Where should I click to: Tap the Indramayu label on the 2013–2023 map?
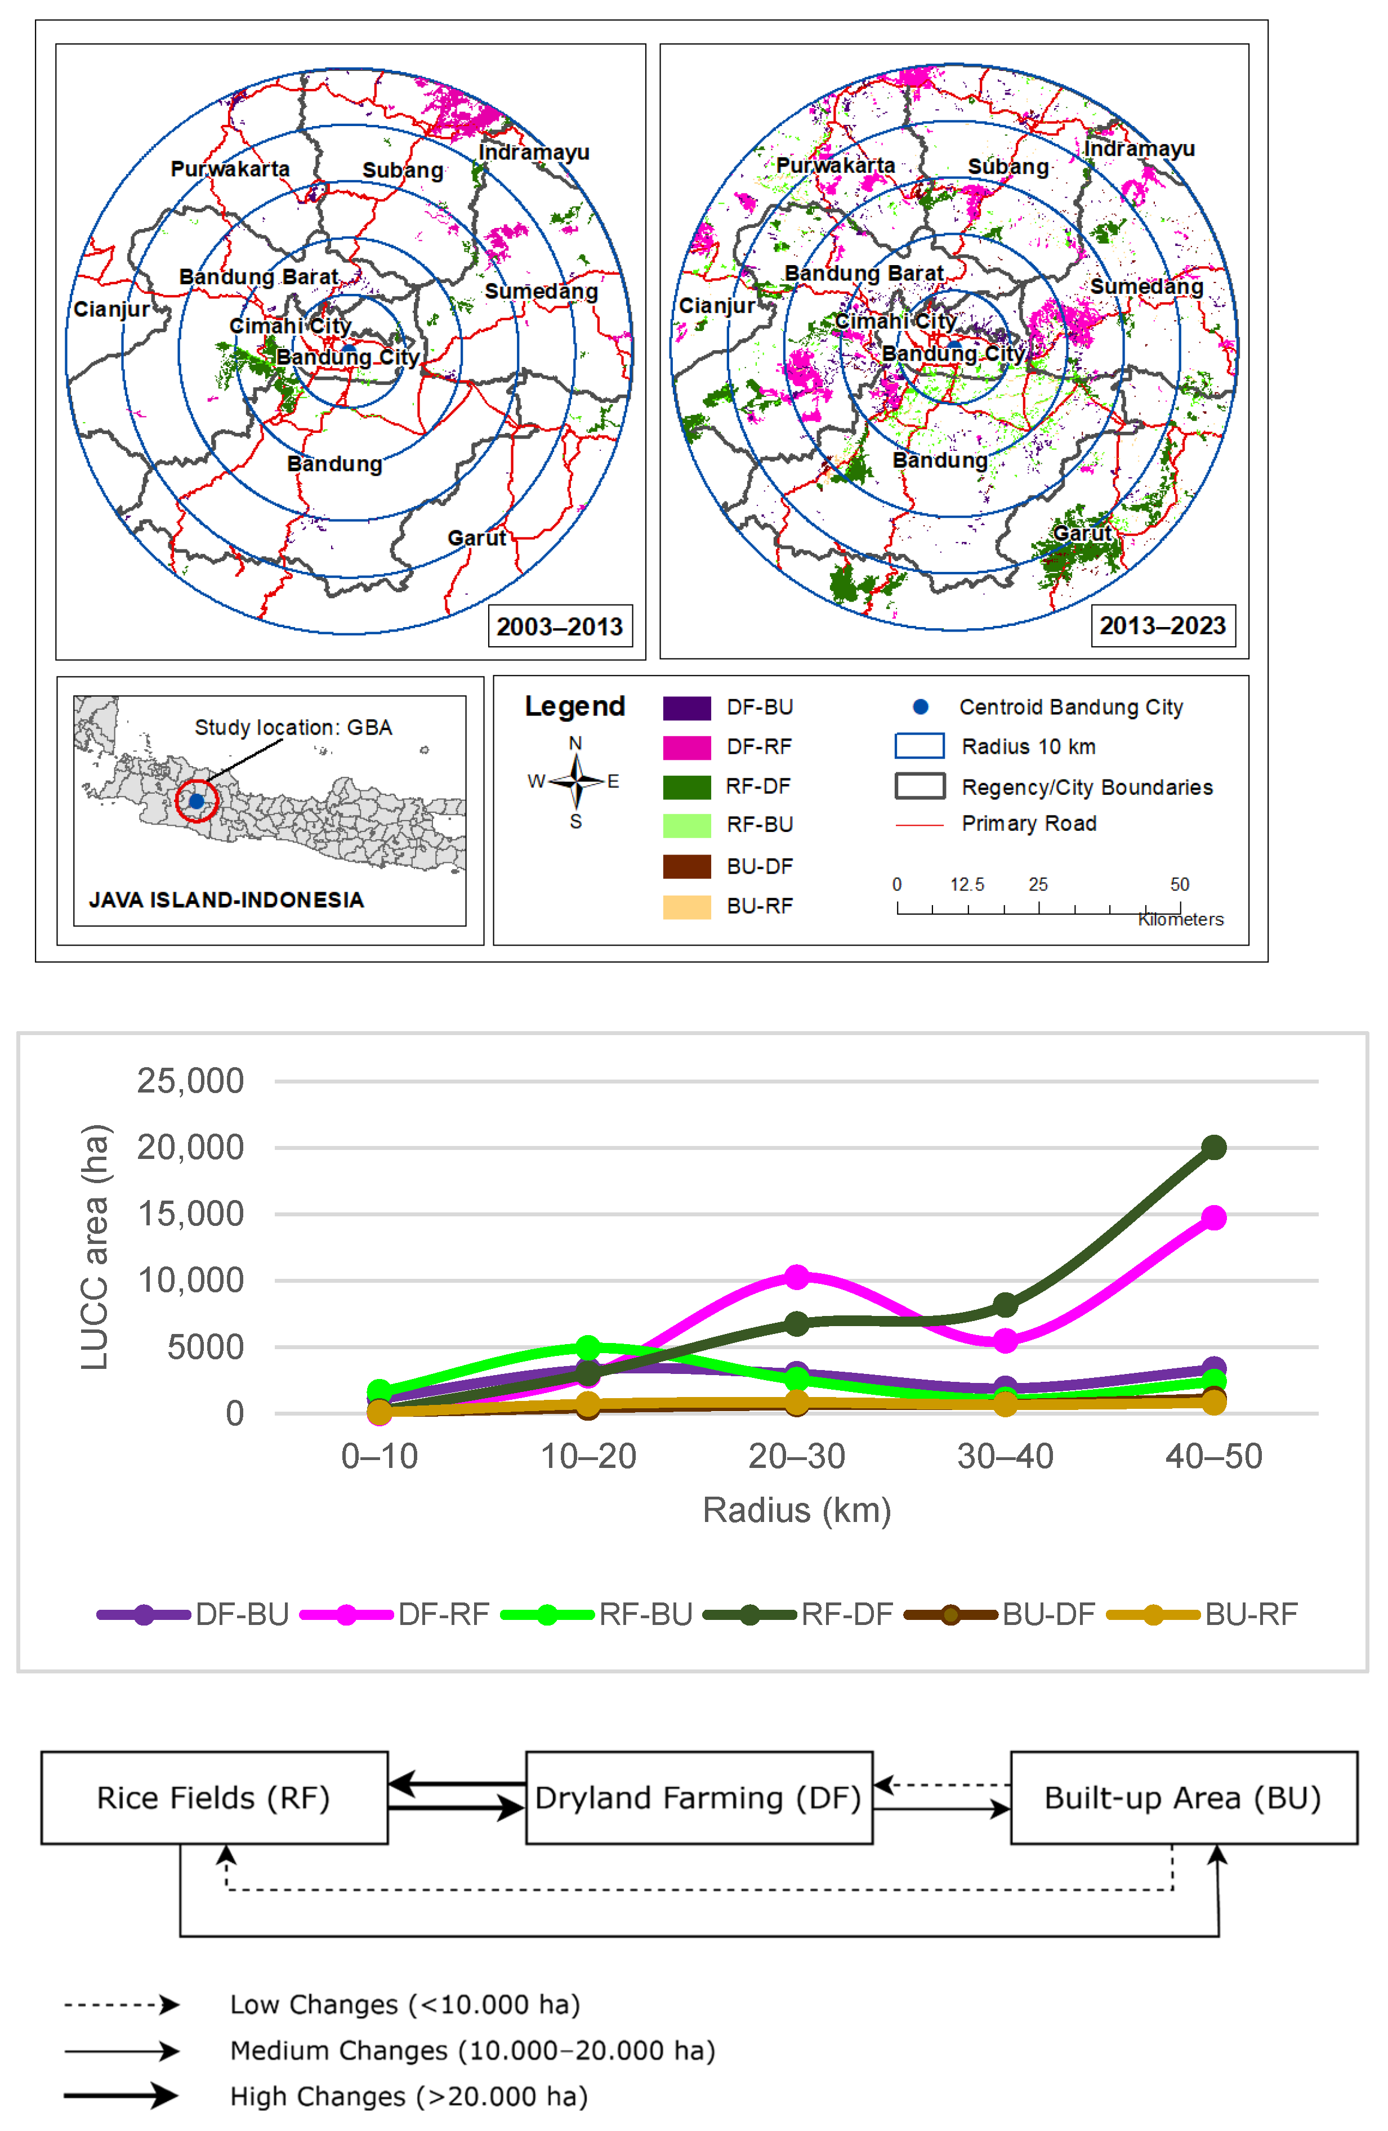click(1139, 149)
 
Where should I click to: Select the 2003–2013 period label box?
click(560, 626)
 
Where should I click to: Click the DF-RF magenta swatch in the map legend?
click(687, 747)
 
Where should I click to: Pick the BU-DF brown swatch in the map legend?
click(687, 867)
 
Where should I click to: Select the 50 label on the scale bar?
click(1179, 885)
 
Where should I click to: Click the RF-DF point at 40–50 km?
click(1213, 1147)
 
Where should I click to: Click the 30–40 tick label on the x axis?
click(1005, 1457)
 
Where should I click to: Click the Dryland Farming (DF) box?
click(698, 1798)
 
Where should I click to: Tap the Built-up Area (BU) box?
click(1184, 1798)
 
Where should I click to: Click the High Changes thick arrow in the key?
click(121, 2095)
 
